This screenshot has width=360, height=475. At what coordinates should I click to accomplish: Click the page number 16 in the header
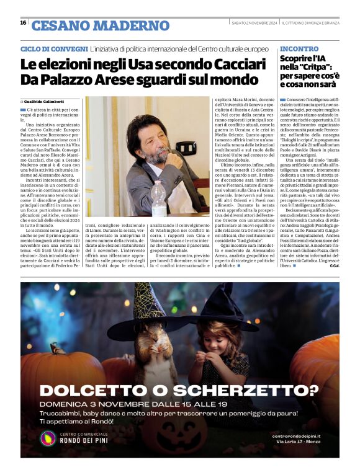pyautogui.click(x=23, y=23)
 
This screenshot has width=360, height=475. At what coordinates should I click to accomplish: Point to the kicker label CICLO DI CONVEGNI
pyautogui.click(x=54, y=48)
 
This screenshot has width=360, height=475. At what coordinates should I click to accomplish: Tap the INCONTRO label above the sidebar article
pyautogui.click(x=299, y=48)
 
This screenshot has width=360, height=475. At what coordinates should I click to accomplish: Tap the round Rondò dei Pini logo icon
pyautogui.click(x=48, y=438)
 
